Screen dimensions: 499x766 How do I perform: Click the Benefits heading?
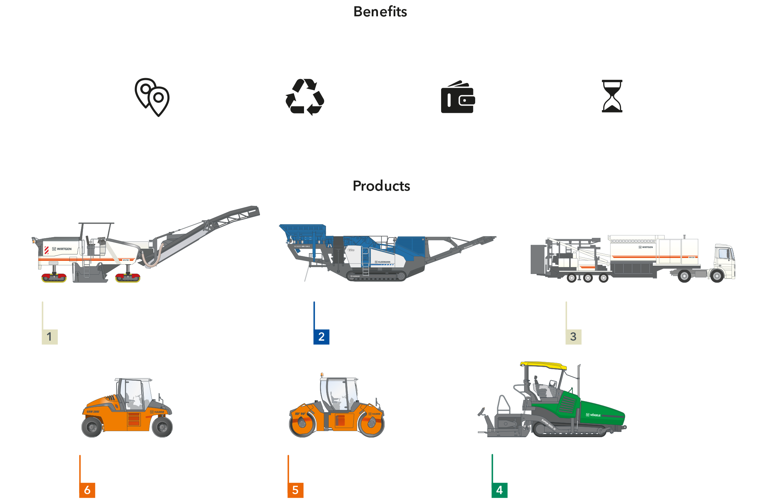[380, 11]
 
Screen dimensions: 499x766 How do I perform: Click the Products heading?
[381, 186]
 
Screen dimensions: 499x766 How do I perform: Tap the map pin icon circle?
[152, 98]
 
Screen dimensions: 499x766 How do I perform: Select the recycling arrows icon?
[304, 97]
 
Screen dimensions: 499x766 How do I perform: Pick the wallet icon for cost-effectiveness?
[458, 98]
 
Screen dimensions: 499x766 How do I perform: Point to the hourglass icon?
[612, 96]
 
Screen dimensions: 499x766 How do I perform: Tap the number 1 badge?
[50, 336]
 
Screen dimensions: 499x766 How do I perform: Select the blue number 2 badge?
[321, 336]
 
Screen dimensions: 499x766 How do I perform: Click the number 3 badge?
[573, 336]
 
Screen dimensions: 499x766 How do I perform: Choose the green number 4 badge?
[499, 490]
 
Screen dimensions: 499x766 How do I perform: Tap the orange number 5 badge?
[295, 490]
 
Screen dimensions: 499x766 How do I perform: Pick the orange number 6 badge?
[87, 490]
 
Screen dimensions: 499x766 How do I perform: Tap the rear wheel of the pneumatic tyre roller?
[92, 426]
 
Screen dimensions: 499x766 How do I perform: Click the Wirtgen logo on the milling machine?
[62, 249]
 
